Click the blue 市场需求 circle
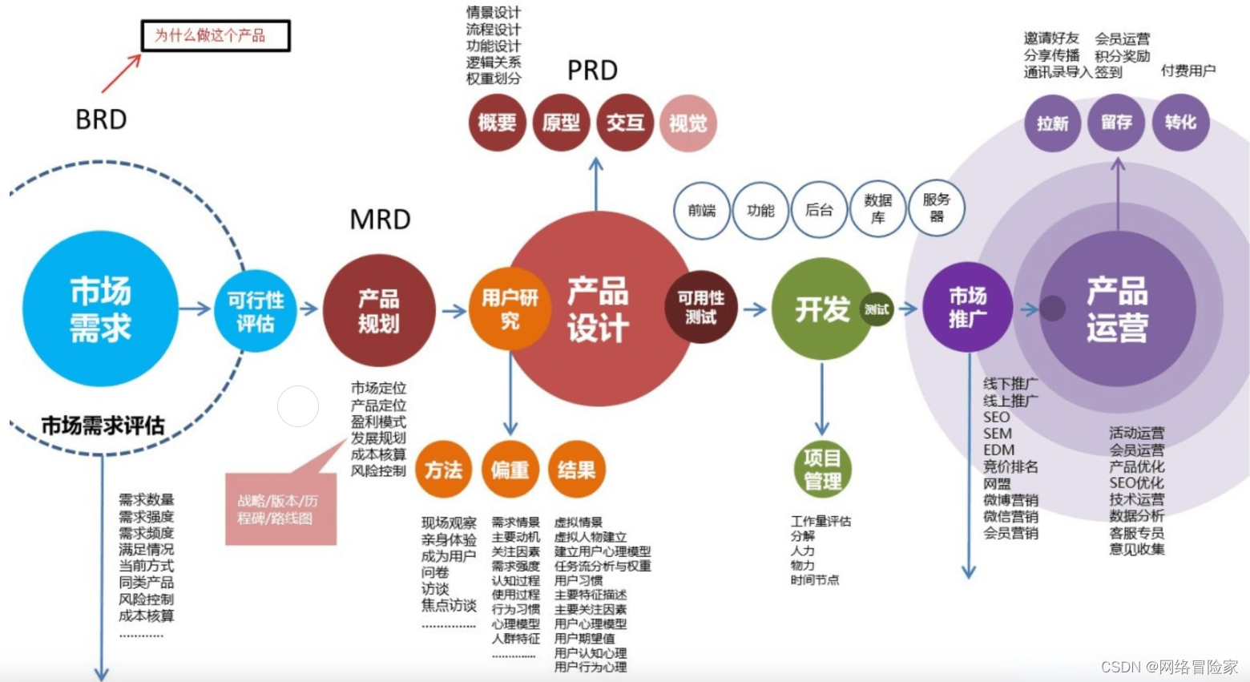(100, 309)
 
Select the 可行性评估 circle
(256, 311)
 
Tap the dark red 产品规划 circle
(378, 311)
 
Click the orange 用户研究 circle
(510, 309)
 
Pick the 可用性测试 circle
(700, 307)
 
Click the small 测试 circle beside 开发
(877, 309)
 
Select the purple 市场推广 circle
(968, 307)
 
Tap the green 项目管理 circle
(822, 470)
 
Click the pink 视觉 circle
(687, 123)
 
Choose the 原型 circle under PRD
(561, 123)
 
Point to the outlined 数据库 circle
(878, 210)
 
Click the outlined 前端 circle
(702, 210)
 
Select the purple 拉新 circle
(1053, 123)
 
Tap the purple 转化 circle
(1180, 123)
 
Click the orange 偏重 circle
(510, 470)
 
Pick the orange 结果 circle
(577, 470)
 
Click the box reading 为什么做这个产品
(215, 36)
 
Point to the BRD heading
(101, 119)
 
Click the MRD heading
(381, 219)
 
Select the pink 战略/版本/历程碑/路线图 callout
(280, 509)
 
